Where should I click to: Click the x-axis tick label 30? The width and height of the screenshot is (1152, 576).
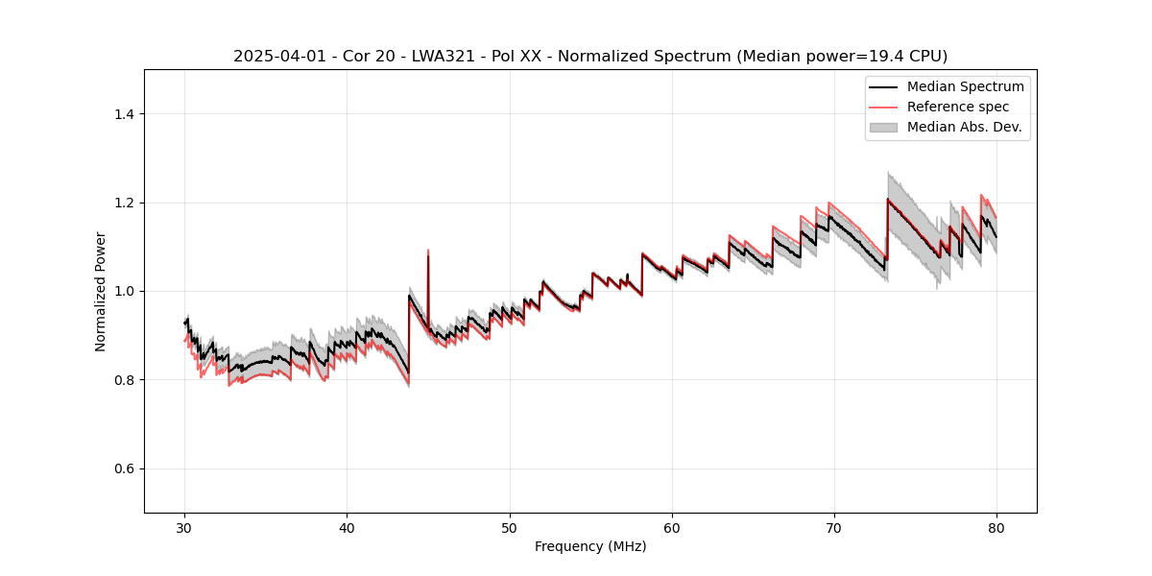(185, 527)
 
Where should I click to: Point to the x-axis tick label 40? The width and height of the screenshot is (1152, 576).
(348, 527)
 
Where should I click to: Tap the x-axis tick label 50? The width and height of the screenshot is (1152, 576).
(510, 527)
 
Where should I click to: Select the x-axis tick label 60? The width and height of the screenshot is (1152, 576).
(672, 527)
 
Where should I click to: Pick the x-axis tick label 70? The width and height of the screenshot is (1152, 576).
(834, 527)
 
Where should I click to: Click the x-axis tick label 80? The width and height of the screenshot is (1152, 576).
(996, 527)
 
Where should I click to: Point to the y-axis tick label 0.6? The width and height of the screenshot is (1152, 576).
(124, 468)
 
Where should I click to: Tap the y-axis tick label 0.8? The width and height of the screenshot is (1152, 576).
(124, 380)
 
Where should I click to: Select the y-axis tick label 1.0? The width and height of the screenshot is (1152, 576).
(124, 291)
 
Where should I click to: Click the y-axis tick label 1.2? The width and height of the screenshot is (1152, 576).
(124, 203)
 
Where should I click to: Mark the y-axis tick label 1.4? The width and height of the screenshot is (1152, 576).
(124, 114)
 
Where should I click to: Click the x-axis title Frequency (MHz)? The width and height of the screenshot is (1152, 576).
(590, 546)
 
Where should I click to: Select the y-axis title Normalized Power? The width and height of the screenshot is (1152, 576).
(101, 291)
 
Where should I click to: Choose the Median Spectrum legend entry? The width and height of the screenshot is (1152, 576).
(965, 86)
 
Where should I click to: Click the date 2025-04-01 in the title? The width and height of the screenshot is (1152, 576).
(274, 57)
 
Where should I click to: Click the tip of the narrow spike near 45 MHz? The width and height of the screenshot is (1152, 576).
(428, 250)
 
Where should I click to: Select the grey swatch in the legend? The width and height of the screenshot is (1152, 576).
(883, 127)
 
